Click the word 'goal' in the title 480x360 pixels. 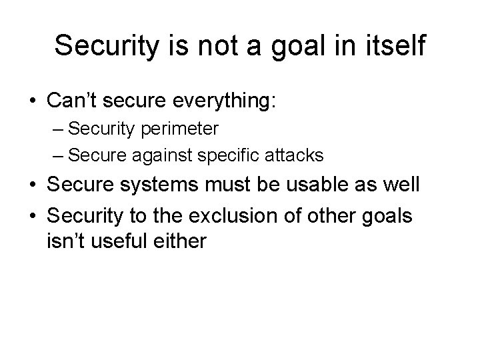coord(303,46)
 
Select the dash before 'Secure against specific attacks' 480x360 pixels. coord(58,156)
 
